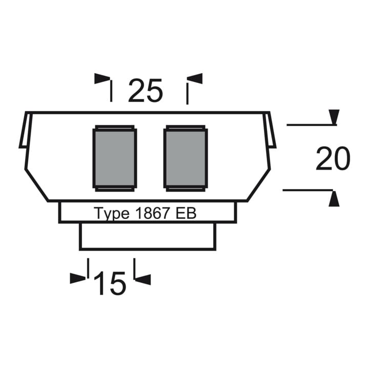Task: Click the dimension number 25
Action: coord(146,90)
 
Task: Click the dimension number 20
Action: coord(333,158)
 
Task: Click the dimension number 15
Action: coord(110,283)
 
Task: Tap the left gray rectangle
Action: coord(115,158)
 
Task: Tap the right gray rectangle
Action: coord(186,158)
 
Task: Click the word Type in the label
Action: coord(112,214)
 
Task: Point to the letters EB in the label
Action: coord(186,213)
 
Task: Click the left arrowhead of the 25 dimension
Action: coord(102,78)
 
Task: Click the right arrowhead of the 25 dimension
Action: coord(195,78)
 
